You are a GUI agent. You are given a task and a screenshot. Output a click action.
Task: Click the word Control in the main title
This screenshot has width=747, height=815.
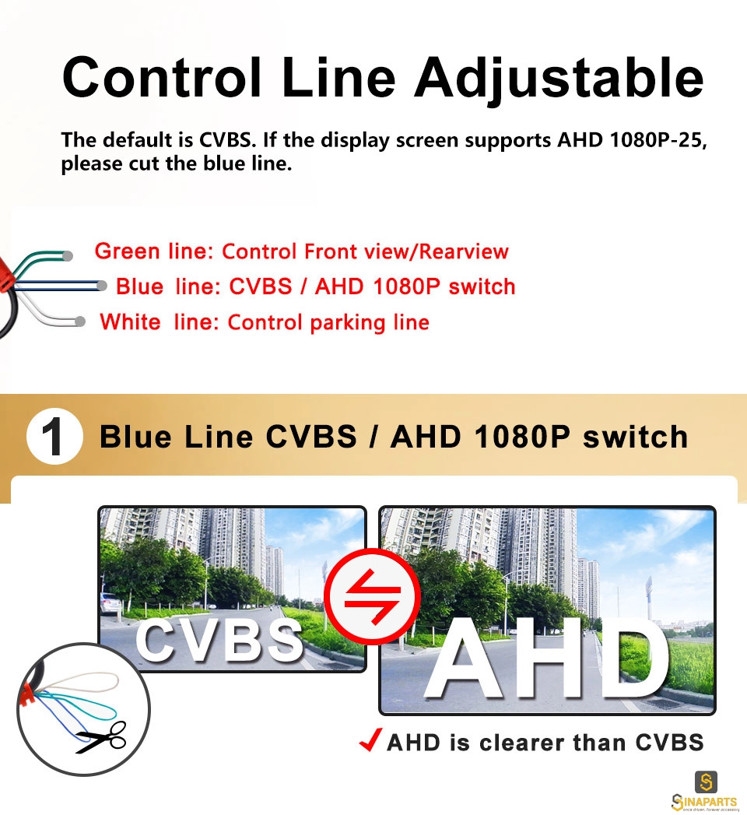click(162, 77)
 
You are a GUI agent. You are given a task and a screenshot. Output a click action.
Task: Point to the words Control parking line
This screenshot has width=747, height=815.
click(328, 323)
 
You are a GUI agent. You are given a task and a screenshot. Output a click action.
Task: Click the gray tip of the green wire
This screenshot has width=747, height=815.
click(67, 255)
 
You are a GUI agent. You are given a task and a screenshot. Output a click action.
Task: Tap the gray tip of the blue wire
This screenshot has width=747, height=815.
click(102, 286)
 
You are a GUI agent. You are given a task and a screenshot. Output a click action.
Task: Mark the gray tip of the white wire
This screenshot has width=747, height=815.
click(79, 321)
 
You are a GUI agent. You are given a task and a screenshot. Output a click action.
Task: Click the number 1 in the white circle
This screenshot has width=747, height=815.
click(52, 437)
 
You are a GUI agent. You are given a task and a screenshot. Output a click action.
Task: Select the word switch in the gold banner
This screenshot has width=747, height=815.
click(636, 437)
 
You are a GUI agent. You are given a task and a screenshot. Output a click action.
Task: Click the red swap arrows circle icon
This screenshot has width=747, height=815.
click(373, 596)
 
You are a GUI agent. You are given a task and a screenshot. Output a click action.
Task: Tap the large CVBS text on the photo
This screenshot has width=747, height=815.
click(219, 641)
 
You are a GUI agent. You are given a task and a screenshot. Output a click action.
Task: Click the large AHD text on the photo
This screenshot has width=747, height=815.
click(546, 659)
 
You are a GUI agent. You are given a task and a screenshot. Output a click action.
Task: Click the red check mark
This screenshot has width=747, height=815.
click(371, 739)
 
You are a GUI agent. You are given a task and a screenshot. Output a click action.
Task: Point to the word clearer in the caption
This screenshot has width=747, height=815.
click(521, 743)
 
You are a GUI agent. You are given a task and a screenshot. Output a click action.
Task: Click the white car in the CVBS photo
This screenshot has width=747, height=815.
click(110, 603)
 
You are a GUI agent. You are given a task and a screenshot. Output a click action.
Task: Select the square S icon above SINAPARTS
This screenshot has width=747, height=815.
click(706, 782)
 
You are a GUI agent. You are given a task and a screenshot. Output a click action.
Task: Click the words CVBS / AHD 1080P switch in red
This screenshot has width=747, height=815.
click(372, 286)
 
